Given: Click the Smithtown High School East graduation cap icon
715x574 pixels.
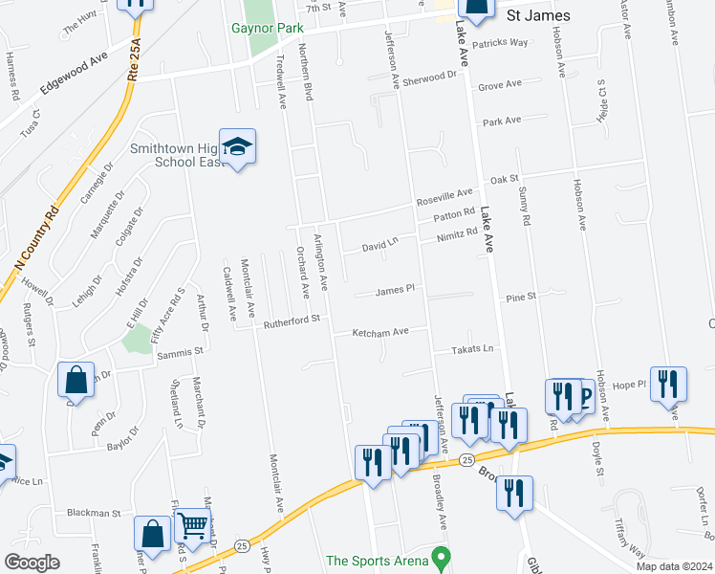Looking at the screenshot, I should (237, 146).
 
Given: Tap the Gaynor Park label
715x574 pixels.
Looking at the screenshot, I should (267, 28).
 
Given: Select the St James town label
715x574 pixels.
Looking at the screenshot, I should (538, 15).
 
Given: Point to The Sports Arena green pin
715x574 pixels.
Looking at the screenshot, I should (440, 556).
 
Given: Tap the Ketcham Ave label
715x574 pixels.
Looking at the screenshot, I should (380, 332).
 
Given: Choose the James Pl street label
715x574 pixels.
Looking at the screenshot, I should (394, 290).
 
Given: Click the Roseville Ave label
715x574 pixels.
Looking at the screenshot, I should (444, 199).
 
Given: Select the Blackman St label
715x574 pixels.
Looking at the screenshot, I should (94, 513).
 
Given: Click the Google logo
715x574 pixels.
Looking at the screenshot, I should (32, 563).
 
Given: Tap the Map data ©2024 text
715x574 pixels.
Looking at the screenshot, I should (674, 566).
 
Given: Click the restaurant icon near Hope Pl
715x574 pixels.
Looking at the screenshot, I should (667, 384).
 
